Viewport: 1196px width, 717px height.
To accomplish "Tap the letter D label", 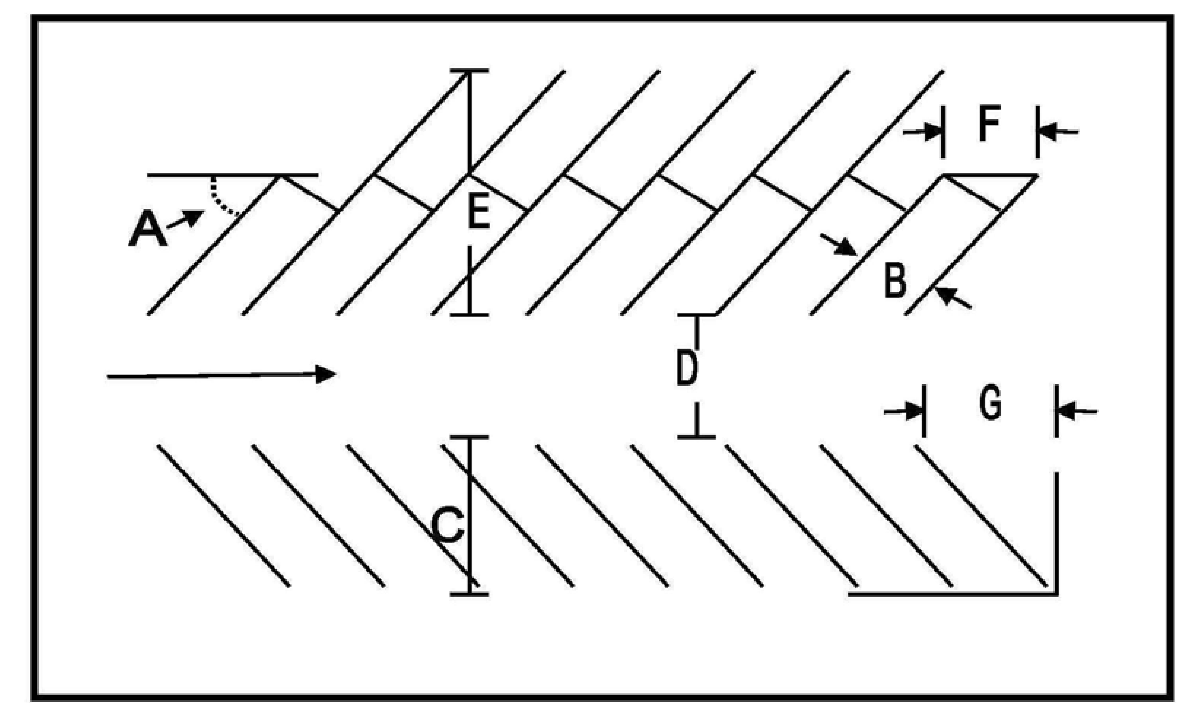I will [687, 368].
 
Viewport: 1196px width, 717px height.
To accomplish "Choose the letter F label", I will [989, 123].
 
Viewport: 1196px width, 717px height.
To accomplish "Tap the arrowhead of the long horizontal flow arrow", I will [326, 374].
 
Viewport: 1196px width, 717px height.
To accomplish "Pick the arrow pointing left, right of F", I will [1058, 131].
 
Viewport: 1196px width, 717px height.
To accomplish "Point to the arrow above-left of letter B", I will [839, 245].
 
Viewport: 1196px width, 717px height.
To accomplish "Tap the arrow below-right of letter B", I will [951, 297].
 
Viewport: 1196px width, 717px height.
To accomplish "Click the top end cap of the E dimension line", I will [469, 71].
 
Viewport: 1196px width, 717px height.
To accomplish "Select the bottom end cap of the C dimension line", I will [469, 594].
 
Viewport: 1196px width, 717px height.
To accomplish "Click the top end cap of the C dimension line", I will [469, 437].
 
